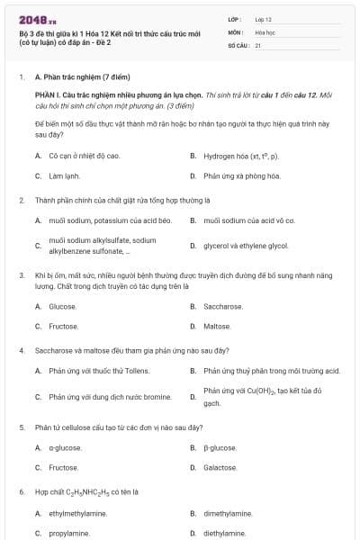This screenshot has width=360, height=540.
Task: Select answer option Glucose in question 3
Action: pyautogui.click(x=62, y=307)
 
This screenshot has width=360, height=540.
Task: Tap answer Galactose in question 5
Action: pyautogui.click(x=220, y=468)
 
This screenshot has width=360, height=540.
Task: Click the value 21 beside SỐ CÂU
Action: pyautogui.click(x=258, y=44)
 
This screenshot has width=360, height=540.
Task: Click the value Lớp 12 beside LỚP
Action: pyautogui.click(x=263, y=19)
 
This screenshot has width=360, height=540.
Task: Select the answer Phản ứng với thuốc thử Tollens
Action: pyautogui.click(x=100, y=371)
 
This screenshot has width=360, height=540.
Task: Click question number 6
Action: pyautogui.click(x=22, y=493)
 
